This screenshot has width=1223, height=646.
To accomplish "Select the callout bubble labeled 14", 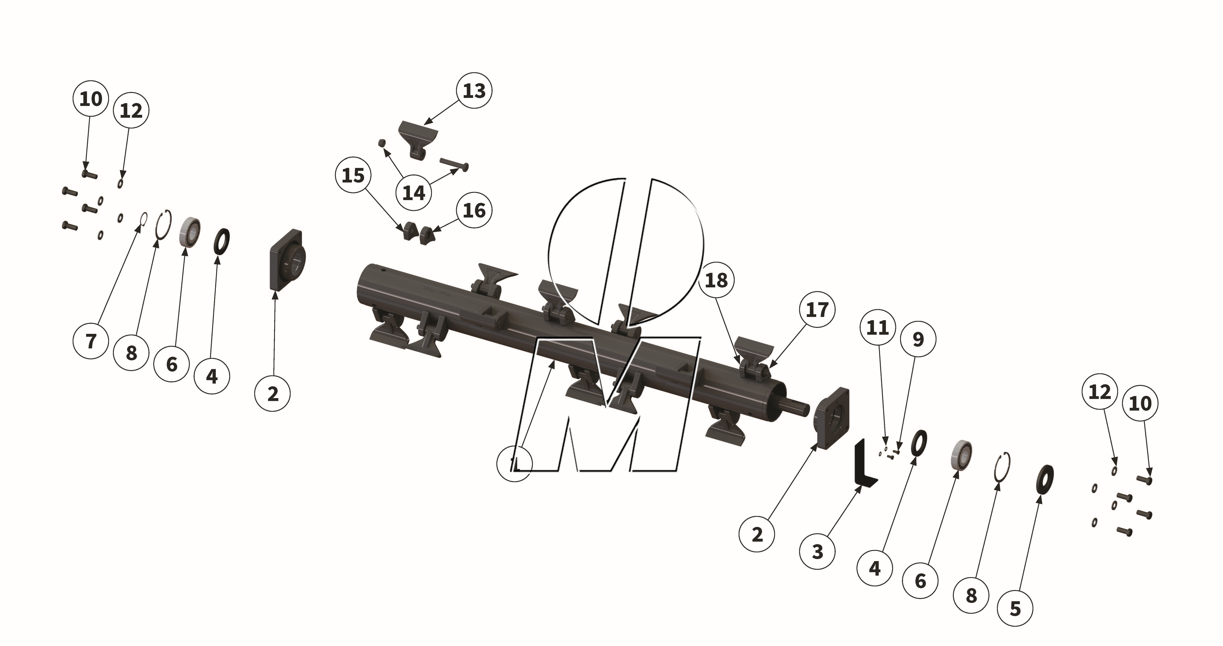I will (x=413, y=193).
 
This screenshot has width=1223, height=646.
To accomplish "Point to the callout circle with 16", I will (x=474, y=210).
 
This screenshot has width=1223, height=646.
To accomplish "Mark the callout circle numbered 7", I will (x=91, y=341).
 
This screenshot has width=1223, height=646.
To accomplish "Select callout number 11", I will (x=877, y=328).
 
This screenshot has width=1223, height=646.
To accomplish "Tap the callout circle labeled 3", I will (x=817, y=552).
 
